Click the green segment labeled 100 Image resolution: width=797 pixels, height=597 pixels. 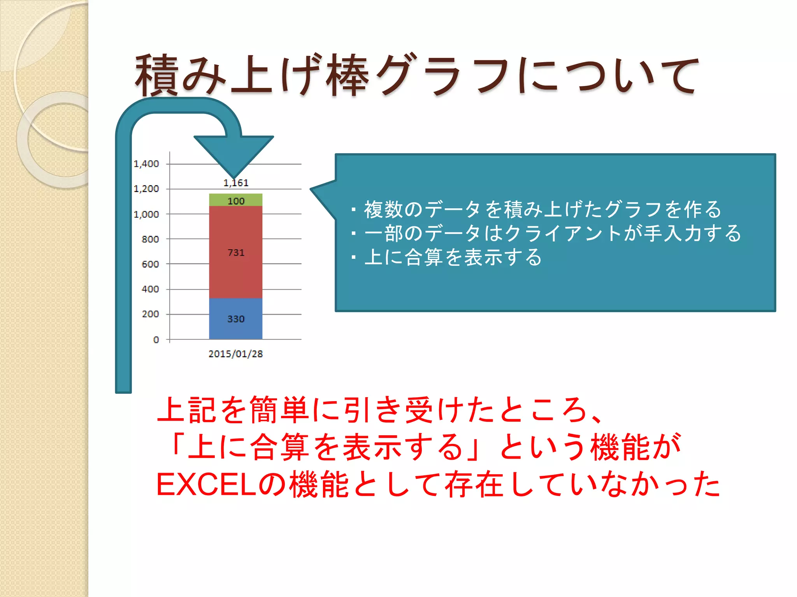point(235,200)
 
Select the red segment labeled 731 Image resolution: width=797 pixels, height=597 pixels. point(235,252)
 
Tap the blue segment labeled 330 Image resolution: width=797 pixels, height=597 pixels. point(235,319)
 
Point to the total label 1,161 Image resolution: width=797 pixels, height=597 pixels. point(236,183)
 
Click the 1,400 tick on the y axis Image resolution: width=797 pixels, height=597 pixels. point(146,164)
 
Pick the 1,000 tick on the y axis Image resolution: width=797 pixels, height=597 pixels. point(146,214)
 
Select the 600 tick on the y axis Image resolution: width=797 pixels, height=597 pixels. point(150,264)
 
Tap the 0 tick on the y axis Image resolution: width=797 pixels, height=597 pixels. point(156,340)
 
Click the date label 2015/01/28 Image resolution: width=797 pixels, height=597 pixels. point(235,354)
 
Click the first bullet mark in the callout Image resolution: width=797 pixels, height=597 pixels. point(353,210)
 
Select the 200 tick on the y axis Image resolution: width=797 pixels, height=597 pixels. point(150,314)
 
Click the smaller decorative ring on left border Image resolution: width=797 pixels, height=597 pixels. point(54,140)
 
